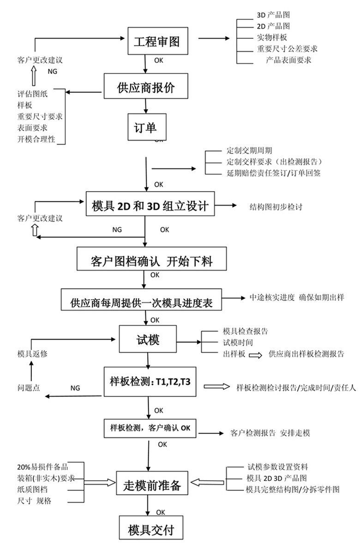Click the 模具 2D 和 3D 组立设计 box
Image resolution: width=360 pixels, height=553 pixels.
point(150,206)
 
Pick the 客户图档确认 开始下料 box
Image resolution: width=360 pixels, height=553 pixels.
point(151,261)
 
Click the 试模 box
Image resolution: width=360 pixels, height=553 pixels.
point(148,342)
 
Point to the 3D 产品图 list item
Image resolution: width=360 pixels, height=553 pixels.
point(273,15)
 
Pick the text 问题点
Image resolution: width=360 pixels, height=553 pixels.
point(29,388)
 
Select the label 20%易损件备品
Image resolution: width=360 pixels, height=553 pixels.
point(42,466)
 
